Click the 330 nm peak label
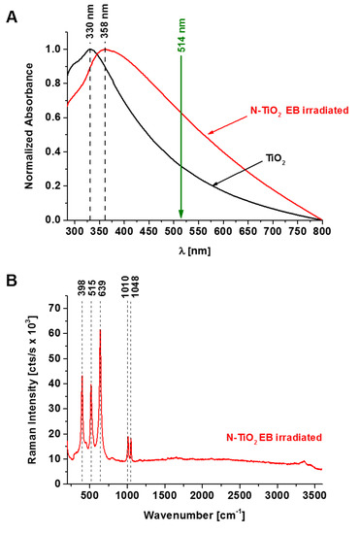click(91, 26)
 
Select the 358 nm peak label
click(106, 26)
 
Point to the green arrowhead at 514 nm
click(180, 215)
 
